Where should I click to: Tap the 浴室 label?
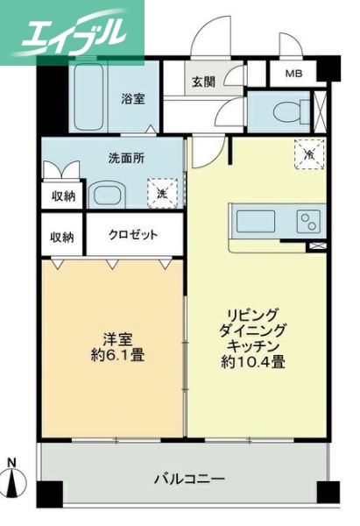coord(133,99)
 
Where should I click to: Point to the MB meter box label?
coord(293,74)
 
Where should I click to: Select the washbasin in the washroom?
coord(110,194)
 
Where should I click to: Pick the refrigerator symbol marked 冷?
coord(308,154)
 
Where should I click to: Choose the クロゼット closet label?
coord(134,235)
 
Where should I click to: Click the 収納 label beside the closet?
coord(61,237)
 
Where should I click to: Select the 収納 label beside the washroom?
coord(61,195)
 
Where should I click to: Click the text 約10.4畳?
coord(258,362)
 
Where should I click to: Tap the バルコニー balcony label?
coord(190,479)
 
